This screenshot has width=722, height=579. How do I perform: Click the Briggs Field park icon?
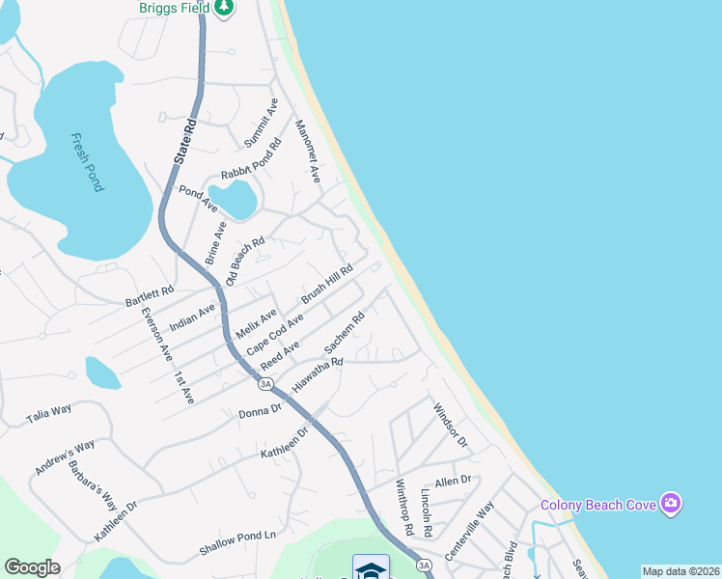point(224,8)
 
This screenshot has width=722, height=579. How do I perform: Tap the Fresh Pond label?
point(86,162)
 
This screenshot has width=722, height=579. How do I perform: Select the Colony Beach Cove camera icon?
point(671,503)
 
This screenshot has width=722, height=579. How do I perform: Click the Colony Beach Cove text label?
point(597,504)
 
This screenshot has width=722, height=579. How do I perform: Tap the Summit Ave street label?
point(261,123)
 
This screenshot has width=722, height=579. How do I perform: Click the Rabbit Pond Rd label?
point(251,160)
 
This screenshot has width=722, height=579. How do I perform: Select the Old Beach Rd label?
point(244,262)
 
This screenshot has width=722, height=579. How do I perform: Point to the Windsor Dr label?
point(450,426)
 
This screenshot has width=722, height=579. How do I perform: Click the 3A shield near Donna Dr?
point(266,384)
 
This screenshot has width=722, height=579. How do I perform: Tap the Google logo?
point(32,567)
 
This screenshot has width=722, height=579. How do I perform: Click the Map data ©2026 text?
point(680,571)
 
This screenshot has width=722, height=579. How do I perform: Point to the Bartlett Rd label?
point(150,296)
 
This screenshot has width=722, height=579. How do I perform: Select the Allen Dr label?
point(452,480)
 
